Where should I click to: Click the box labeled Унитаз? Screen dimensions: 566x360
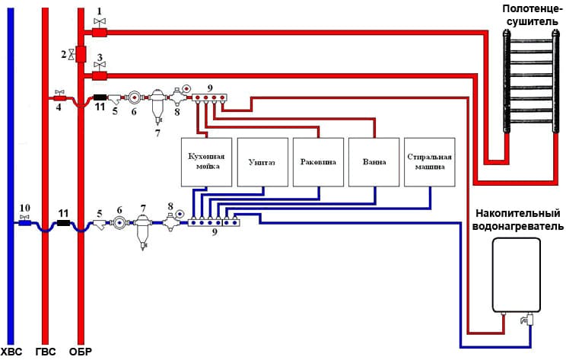tap(262, 162)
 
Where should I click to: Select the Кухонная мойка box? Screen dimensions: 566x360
tap(206, 162)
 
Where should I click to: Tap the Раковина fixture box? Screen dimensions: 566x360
tap(318, 162)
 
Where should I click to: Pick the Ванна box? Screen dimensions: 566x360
tap(374, 162)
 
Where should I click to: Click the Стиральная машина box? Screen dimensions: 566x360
tap(430, 162)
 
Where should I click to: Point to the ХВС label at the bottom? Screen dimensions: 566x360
tap(11, 352)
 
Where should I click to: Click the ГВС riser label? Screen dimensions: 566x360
tap(46, 352)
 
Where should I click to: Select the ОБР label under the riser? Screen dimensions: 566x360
tap(81, 352)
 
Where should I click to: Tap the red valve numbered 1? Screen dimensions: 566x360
tap(99, 33)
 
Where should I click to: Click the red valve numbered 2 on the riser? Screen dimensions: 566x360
tap(81, 54)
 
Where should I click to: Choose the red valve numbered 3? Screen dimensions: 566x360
tap(99, 76)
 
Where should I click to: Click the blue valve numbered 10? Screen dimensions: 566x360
tap(24, 223)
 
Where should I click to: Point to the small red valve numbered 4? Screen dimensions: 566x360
tap(59, 98)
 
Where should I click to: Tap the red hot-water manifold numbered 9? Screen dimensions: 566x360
tap(209, 97)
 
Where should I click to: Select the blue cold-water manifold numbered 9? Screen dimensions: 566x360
tap(214, 223)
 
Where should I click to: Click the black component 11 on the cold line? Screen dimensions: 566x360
tap(64, 223)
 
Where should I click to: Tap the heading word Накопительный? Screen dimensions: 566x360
tap(517, 213)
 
